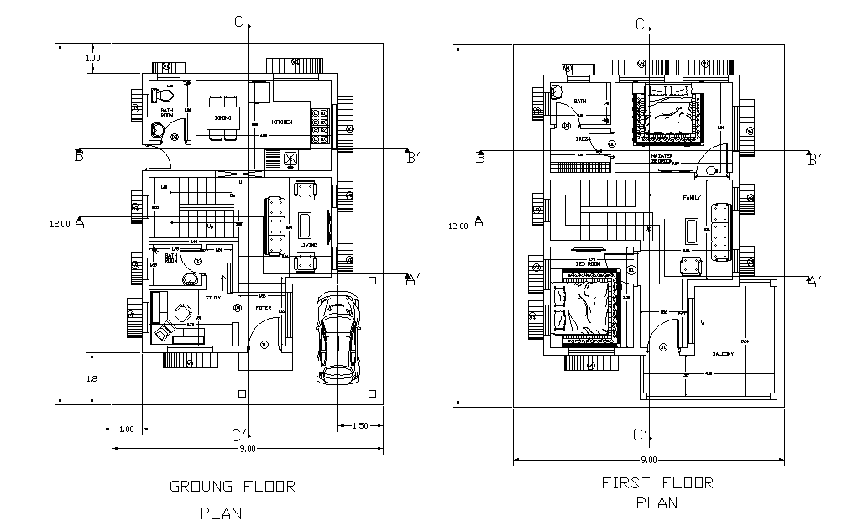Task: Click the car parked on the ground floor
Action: point(338,338)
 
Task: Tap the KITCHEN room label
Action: point(282,122)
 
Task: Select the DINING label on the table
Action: point(222,118)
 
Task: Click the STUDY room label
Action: point(213,297)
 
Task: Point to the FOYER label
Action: point(264,309)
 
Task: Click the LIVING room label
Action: point(308,244)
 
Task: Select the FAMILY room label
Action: point(693,198)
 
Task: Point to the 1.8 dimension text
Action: point(92,378)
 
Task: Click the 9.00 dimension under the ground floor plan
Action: point(248,450)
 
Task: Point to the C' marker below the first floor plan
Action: point(641,435)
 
